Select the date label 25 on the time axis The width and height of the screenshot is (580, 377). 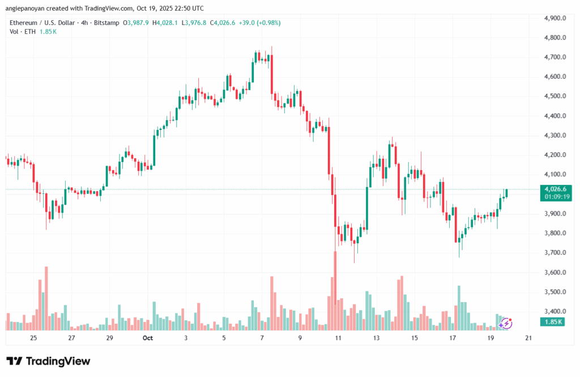click(x=33, y=338)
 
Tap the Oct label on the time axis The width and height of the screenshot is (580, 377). click(x=148, y=338)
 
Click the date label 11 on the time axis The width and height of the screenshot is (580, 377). click(x=338, y=338)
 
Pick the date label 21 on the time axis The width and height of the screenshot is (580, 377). click(x=528, y=338)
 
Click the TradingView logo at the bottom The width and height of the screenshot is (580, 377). click(x=48, y=361)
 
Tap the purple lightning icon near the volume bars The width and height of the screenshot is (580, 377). click(x=506, y=323)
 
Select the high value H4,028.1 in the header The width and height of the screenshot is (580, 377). click(x=166, y=23)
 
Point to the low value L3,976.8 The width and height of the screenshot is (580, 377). click(x=195, y=23)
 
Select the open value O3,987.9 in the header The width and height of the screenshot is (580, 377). click(x=137, y=23)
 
